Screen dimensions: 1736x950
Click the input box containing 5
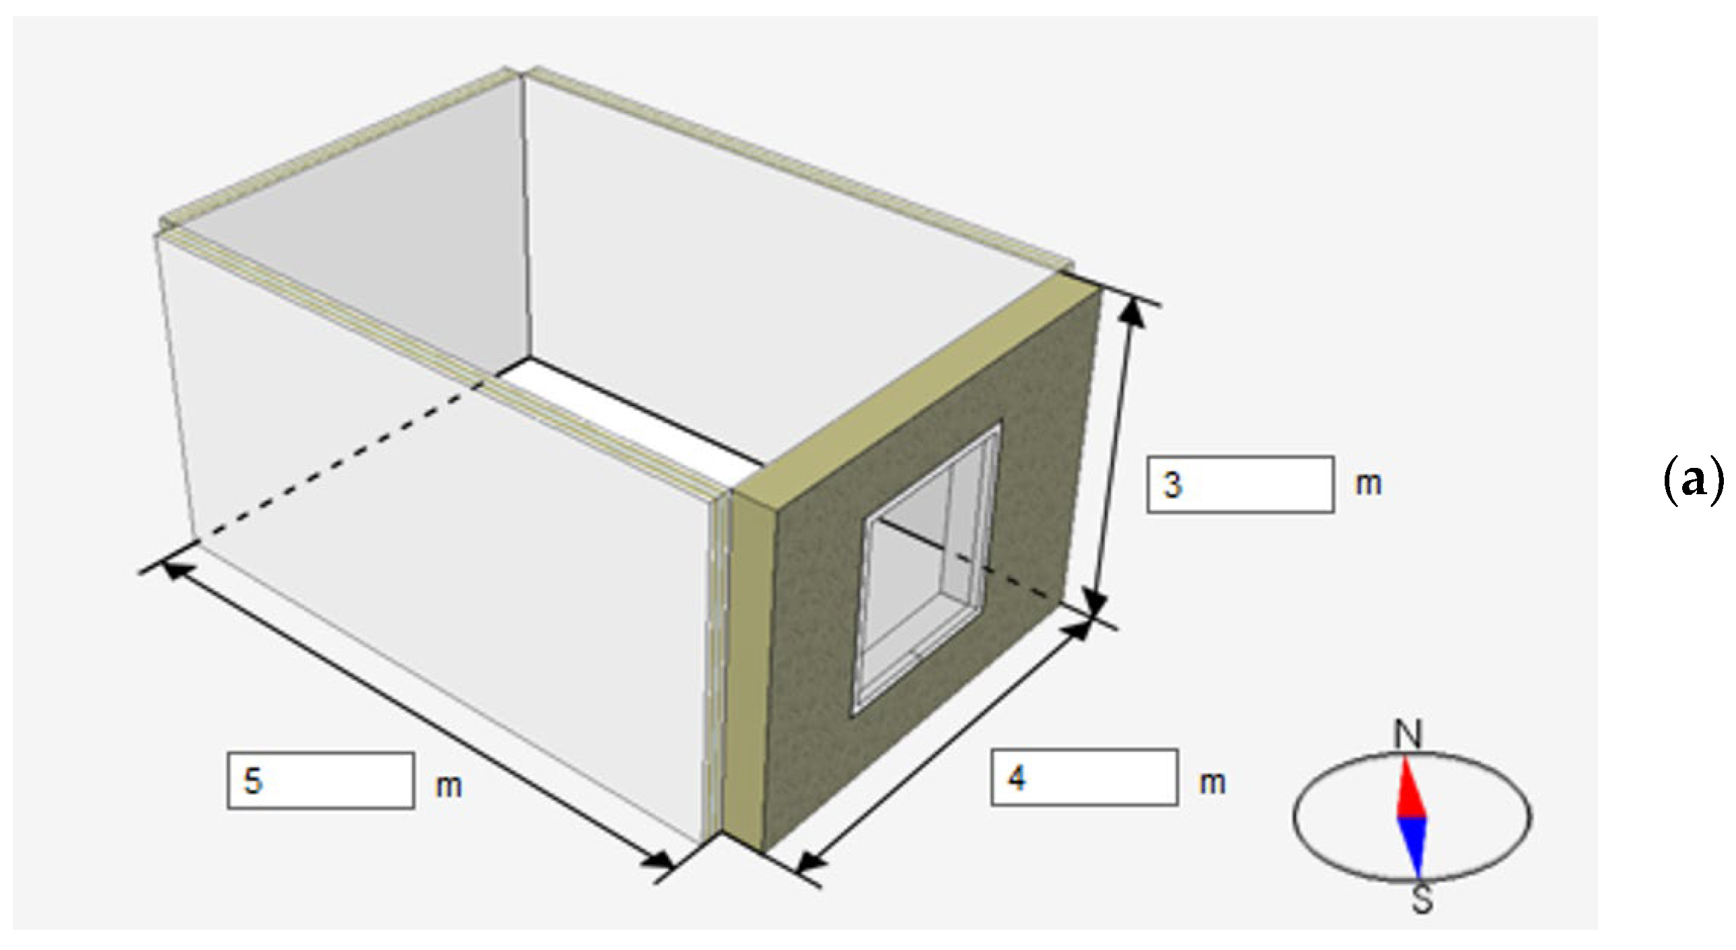321,781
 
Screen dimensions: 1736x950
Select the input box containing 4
1084,778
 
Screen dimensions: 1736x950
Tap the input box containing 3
1241,485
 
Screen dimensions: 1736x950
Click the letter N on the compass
1408,735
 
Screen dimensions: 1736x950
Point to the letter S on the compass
1421,900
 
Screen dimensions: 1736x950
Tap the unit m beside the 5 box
449,786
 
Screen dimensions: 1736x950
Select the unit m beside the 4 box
1212,783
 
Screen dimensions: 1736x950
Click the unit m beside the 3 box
1368,484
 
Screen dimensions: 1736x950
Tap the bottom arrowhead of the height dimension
1096,601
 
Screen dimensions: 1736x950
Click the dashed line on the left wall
338,465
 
